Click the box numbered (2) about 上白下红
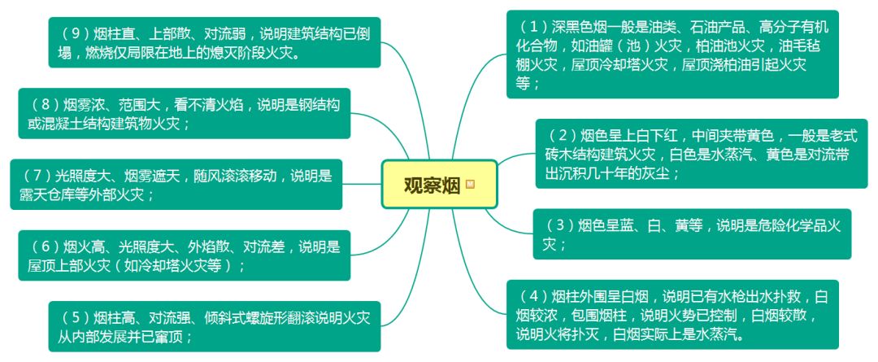click(703, 154)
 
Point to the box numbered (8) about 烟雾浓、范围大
click(184, 113)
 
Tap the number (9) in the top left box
click(77, 34)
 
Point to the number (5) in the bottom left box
click(77, 316)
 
